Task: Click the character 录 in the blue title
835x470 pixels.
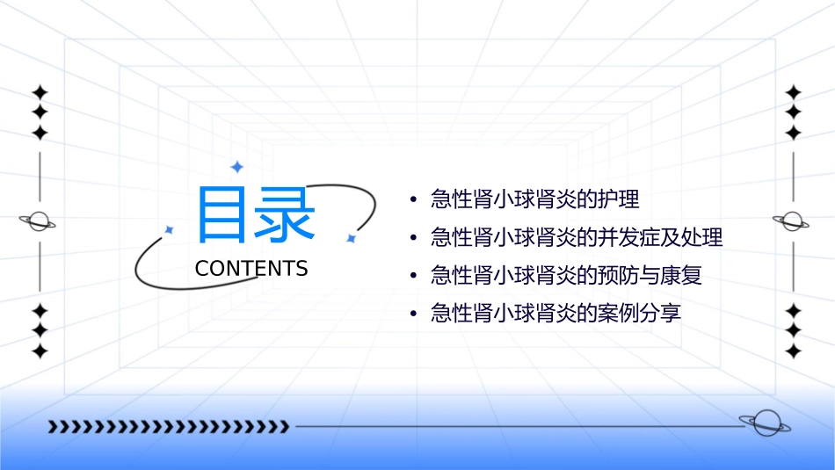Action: coord(282,214)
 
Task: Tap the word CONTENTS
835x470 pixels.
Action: coord(251,269)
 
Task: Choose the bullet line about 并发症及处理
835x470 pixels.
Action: coord(576,238)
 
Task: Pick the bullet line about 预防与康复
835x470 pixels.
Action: coord(566,276)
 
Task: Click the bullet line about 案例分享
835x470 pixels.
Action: coord(555,314)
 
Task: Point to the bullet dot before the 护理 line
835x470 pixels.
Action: coord(413,200)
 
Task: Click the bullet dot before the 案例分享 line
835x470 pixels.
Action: coord(413,315)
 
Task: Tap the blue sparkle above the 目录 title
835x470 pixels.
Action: coord(236,167)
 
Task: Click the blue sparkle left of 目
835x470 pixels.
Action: coord(170,229)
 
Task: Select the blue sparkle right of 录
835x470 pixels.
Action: coord(350,237)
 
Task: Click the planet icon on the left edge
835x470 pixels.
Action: coord(39,221)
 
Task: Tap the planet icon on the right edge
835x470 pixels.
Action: coord(792,221)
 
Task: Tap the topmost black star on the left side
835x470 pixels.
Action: coord(40,92)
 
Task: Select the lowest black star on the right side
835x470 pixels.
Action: coord(794,351)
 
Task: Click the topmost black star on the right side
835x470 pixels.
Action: coord(794,92)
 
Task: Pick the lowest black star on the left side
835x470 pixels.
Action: coord(40,351)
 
